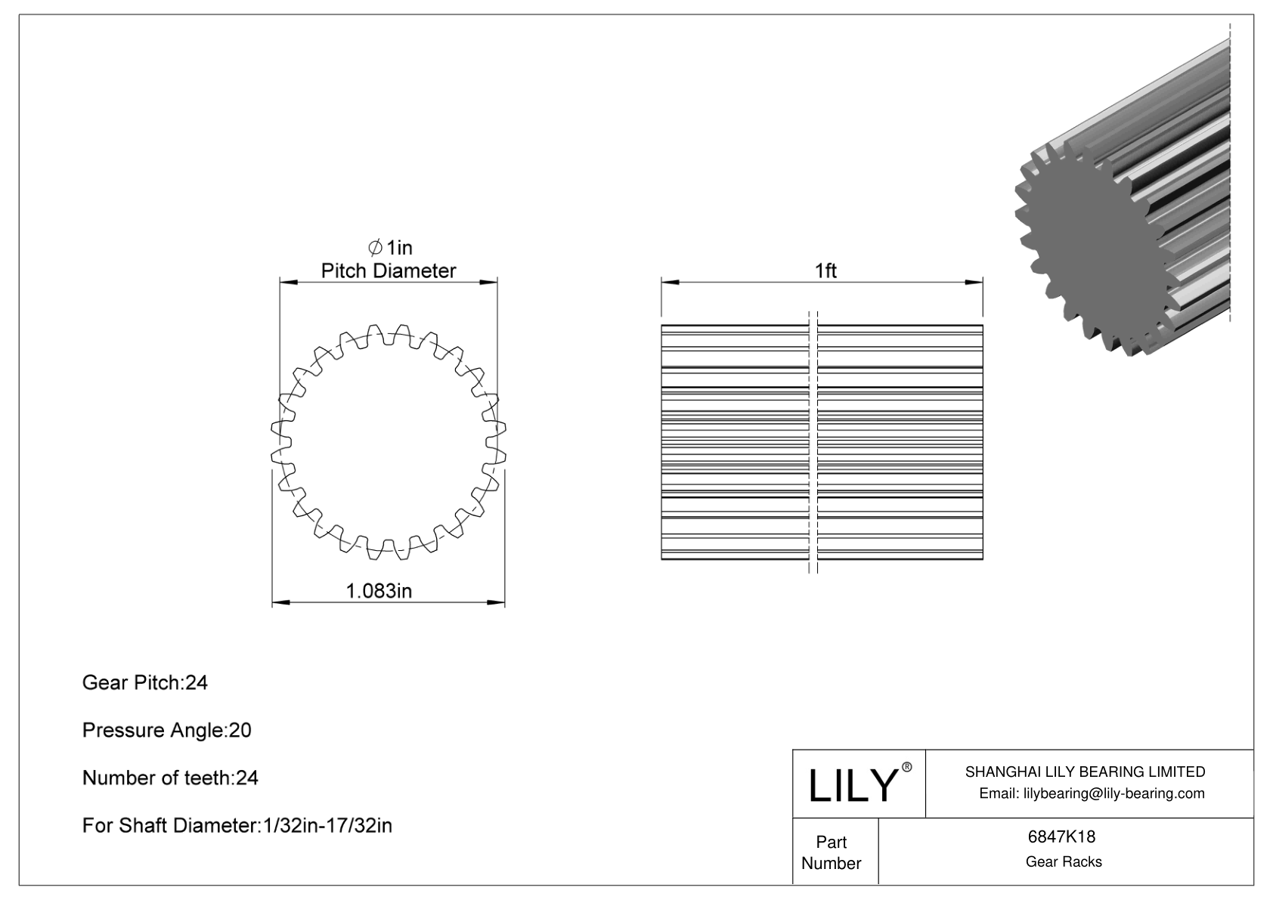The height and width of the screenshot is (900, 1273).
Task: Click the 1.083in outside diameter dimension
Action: pyautogui.click(x=379, y=591)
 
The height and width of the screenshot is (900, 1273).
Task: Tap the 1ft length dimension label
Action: pyautogui.click(x=825, y=271)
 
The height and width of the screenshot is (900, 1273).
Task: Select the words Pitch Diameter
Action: pyautogui.click(x=388, y=271)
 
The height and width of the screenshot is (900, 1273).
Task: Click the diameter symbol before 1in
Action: pyautogui.click(x=374, y=248)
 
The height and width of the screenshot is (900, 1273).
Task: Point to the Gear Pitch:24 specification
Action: pyautogui.click(x=144, y=682)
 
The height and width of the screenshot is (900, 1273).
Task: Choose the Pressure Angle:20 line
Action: pyautogui.click(x=166, y=730)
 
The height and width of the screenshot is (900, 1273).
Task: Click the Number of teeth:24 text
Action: pyautogui.click(x=170, y=778)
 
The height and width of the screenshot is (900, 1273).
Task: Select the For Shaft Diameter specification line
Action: pyautogui.click(x=237, y=825)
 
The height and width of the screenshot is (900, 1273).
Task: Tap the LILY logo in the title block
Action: pyautogui.click(x=852, y=785)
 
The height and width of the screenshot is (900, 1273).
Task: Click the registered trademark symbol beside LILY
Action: pyautogui.click(x=907, y=767)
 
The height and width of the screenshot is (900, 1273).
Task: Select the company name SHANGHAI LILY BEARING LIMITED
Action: pyautogui.click(x=1085, y=772)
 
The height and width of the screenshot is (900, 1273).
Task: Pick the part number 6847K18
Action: pyautogui.click(x=1061, y=837)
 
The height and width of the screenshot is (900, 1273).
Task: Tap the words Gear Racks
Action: pyautogui.click(x=1063, y=861)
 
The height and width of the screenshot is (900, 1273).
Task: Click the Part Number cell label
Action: pyautogui.click(x=831, y=852)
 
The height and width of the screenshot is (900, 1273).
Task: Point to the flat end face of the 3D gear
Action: pyautogui.click(x=1089, y=249)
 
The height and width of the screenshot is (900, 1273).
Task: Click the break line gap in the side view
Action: pyautogui.click(x=813, y=442)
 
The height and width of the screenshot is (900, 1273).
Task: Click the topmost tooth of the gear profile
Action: pyautogui.click(x=376, y=331)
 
